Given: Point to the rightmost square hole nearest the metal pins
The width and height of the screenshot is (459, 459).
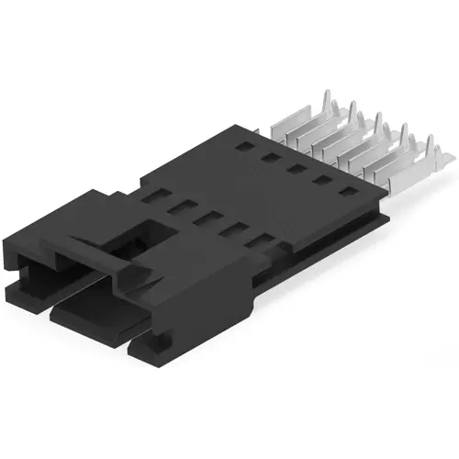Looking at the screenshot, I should [350, 194].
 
